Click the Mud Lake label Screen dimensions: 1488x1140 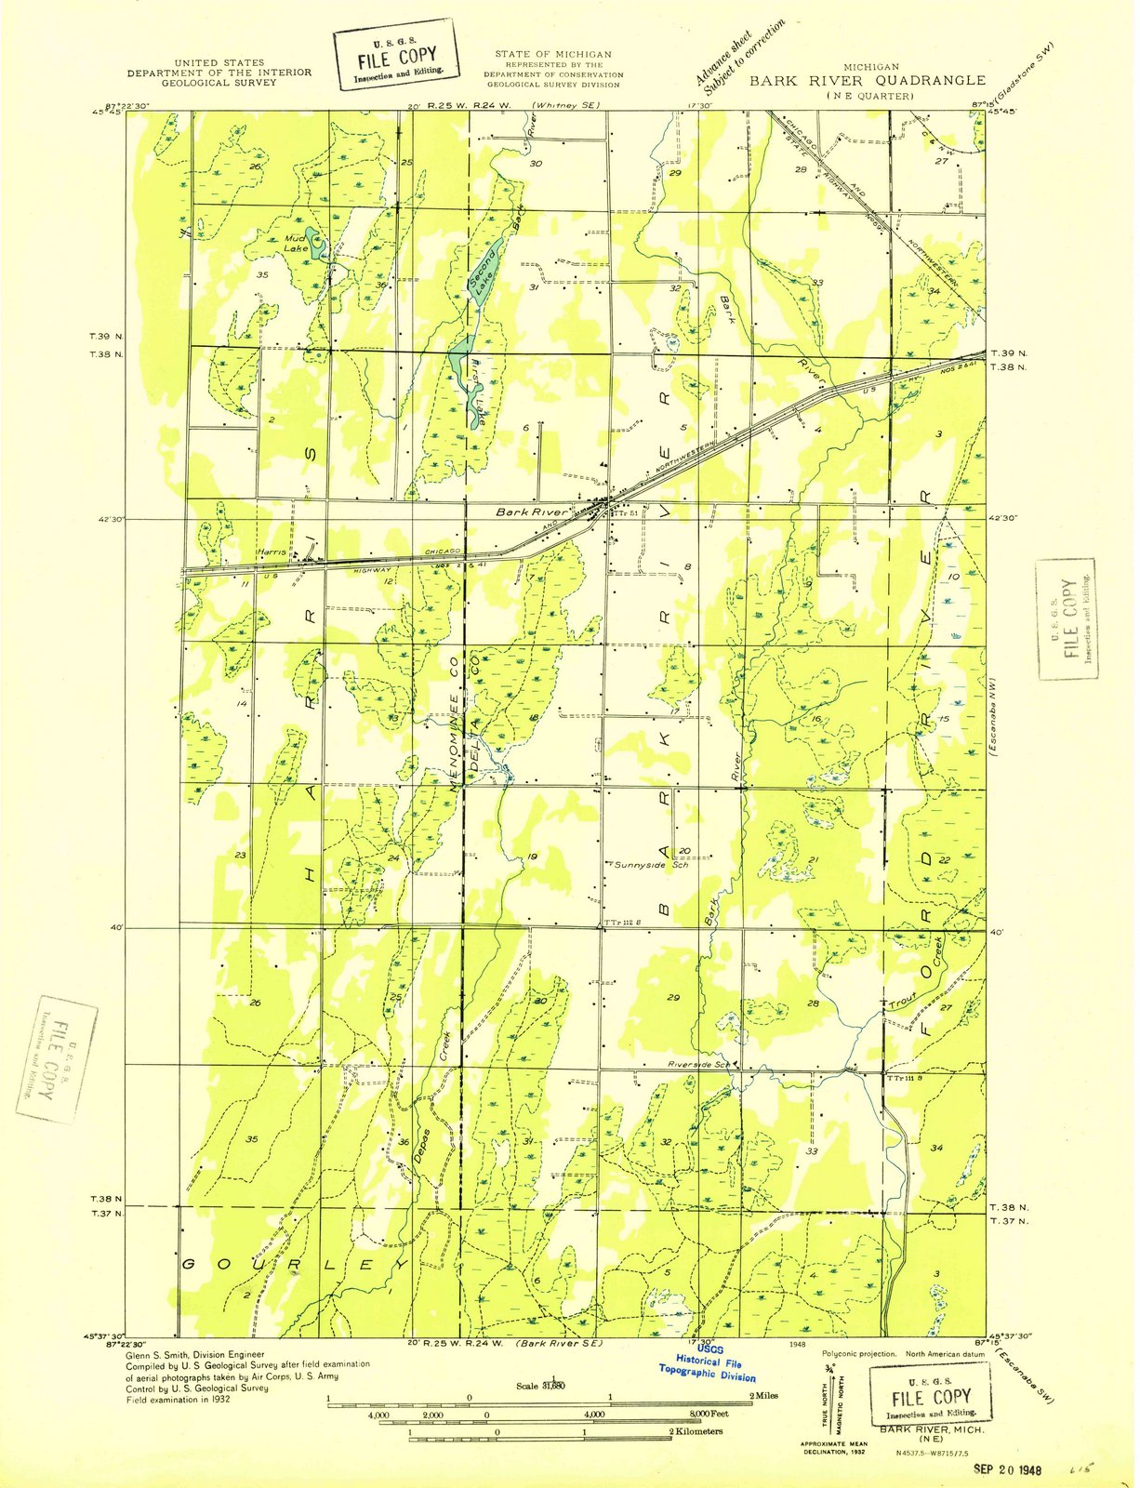[297, 244]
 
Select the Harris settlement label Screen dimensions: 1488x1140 [272, 552]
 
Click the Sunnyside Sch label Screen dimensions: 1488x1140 [652, 864]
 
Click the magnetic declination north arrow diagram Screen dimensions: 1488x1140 [835, 1390]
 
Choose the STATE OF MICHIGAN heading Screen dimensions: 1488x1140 [552, 55]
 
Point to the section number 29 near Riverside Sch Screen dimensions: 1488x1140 [673, 997]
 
